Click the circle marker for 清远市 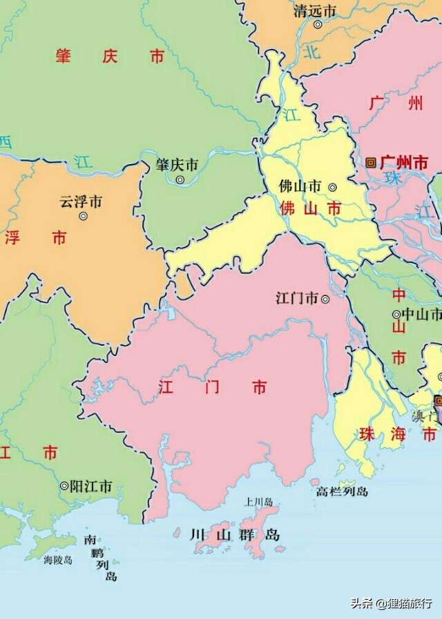tap(318, 25)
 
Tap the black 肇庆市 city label tap(177, 166)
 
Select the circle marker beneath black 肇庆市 tap(180, 180)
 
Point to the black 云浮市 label tap(81, 202)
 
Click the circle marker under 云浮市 tap(84, 216)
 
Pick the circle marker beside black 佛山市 tap(332, 187)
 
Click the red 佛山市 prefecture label tap(310, 208)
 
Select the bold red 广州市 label tap(404, 163)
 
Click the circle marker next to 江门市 tap(325, 299)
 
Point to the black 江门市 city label tap(297, 299)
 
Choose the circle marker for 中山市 tap(396, 315)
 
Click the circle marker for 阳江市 tap(64, 486)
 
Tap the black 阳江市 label tap(91, 486)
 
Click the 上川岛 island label tap(259, 502)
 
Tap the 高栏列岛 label tap(342, 491)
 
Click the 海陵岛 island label tap(58, 560)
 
